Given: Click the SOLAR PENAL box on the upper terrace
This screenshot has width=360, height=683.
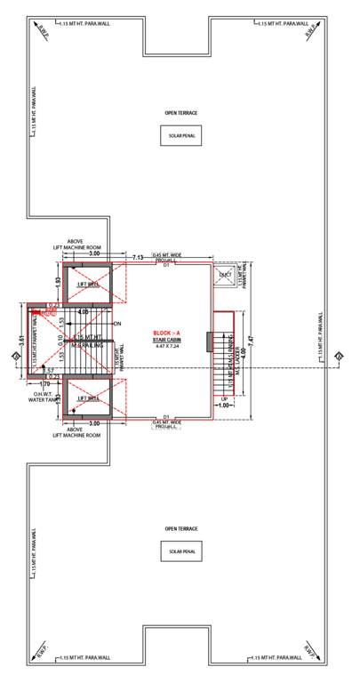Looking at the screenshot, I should click(x=180, y=135).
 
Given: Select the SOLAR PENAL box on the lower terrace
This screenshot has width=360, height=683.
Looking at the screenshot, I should click(x=180, y=551).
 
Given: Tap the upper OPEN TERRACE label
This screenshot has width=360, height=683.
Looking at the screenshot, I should click(x=180, y=113).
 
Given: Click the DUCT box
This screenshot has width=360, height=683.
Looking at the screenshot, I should click(x=224, y=275).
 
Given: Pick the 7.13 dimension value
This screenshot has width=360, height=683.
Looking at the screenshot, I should click(x=140, y=257).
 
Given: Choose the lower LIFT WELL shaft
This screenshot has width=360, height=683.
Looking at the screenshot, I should click(x=87, y=398).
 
